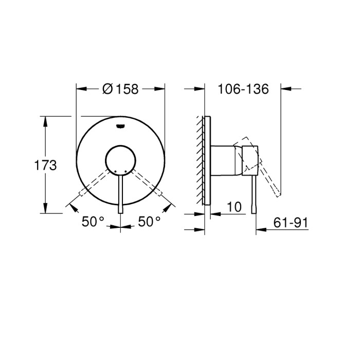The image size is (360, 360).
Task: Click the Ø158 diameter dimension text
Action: tap(121, 89)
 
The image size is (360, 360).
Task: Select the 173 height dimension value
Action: tap(45, 166)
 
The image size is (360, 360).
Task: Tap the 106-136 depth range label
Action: tap(243, 89)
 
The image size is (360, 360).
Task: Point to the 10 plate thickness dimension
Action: tap(233, 207)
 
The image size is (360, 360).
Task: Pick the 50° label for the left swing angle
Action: tap(93, 222)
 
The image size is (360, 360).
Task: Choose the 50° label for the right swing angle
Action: tap(149, 222)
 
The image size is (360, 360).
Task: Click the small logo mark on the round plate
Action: tap(121, 125)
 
